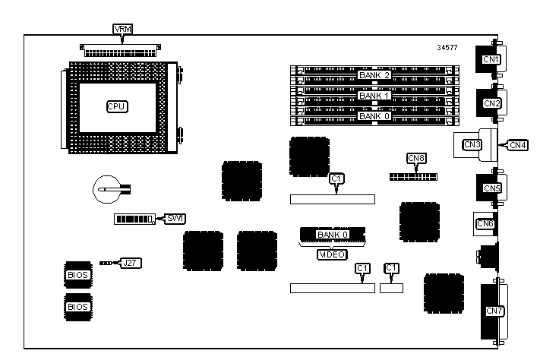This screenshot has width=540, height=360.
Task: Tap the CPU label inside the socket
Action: pyautogui.click(x=116, y=106)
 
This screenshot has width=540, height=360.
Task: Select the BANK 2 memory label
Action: pyautogui.click(x=374, y=75)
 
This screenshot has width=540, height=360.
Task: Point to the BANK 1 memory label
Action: pyautogui.click(x=374, y=96)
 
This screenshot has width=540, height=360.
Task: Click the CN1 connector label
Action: pyautogui.click(x=491, y=59)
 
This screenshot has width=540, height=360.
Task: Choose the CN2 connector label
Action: pyautogui.click(x=491, y=103)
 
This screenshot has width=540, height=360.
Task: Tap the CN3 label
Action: pyautogui.click(x=472, y=144)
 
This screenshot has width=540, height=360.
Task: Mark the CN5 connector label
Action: pyautogui.click(x=491, y=188)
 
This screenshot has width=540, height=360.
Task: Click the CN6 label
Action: pyautogui.click(x=485, y=223)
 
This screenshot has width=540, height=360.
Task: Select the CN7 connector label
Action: pyautogui.click(x=494, y=311)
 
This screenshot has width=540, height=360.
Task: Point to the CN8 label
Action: pyautogui.click(x=416, y=159)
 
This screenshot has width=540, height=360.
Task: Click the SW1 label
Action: pyautogui.click(x=175, y=219)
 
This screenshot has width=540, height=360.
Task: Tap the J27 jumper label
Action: pyautogui.click(x=132, y=263)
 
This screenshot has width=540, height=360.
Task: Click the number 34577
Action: pyautogui.click(x=448, y=48)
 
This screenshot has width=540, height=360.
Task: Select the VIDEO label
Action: pyautogui.click(x=332, y=254)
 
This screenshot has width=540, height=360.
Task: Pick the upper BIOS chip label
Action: pyautogui.click(x=77, y=274)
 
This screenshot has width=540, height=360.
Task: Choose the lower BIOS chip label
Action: pyautogui.click(x=77, y=307)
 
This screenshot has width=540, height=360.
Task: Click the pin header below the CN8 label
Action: pyautogui.click(x=413, y=175)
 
